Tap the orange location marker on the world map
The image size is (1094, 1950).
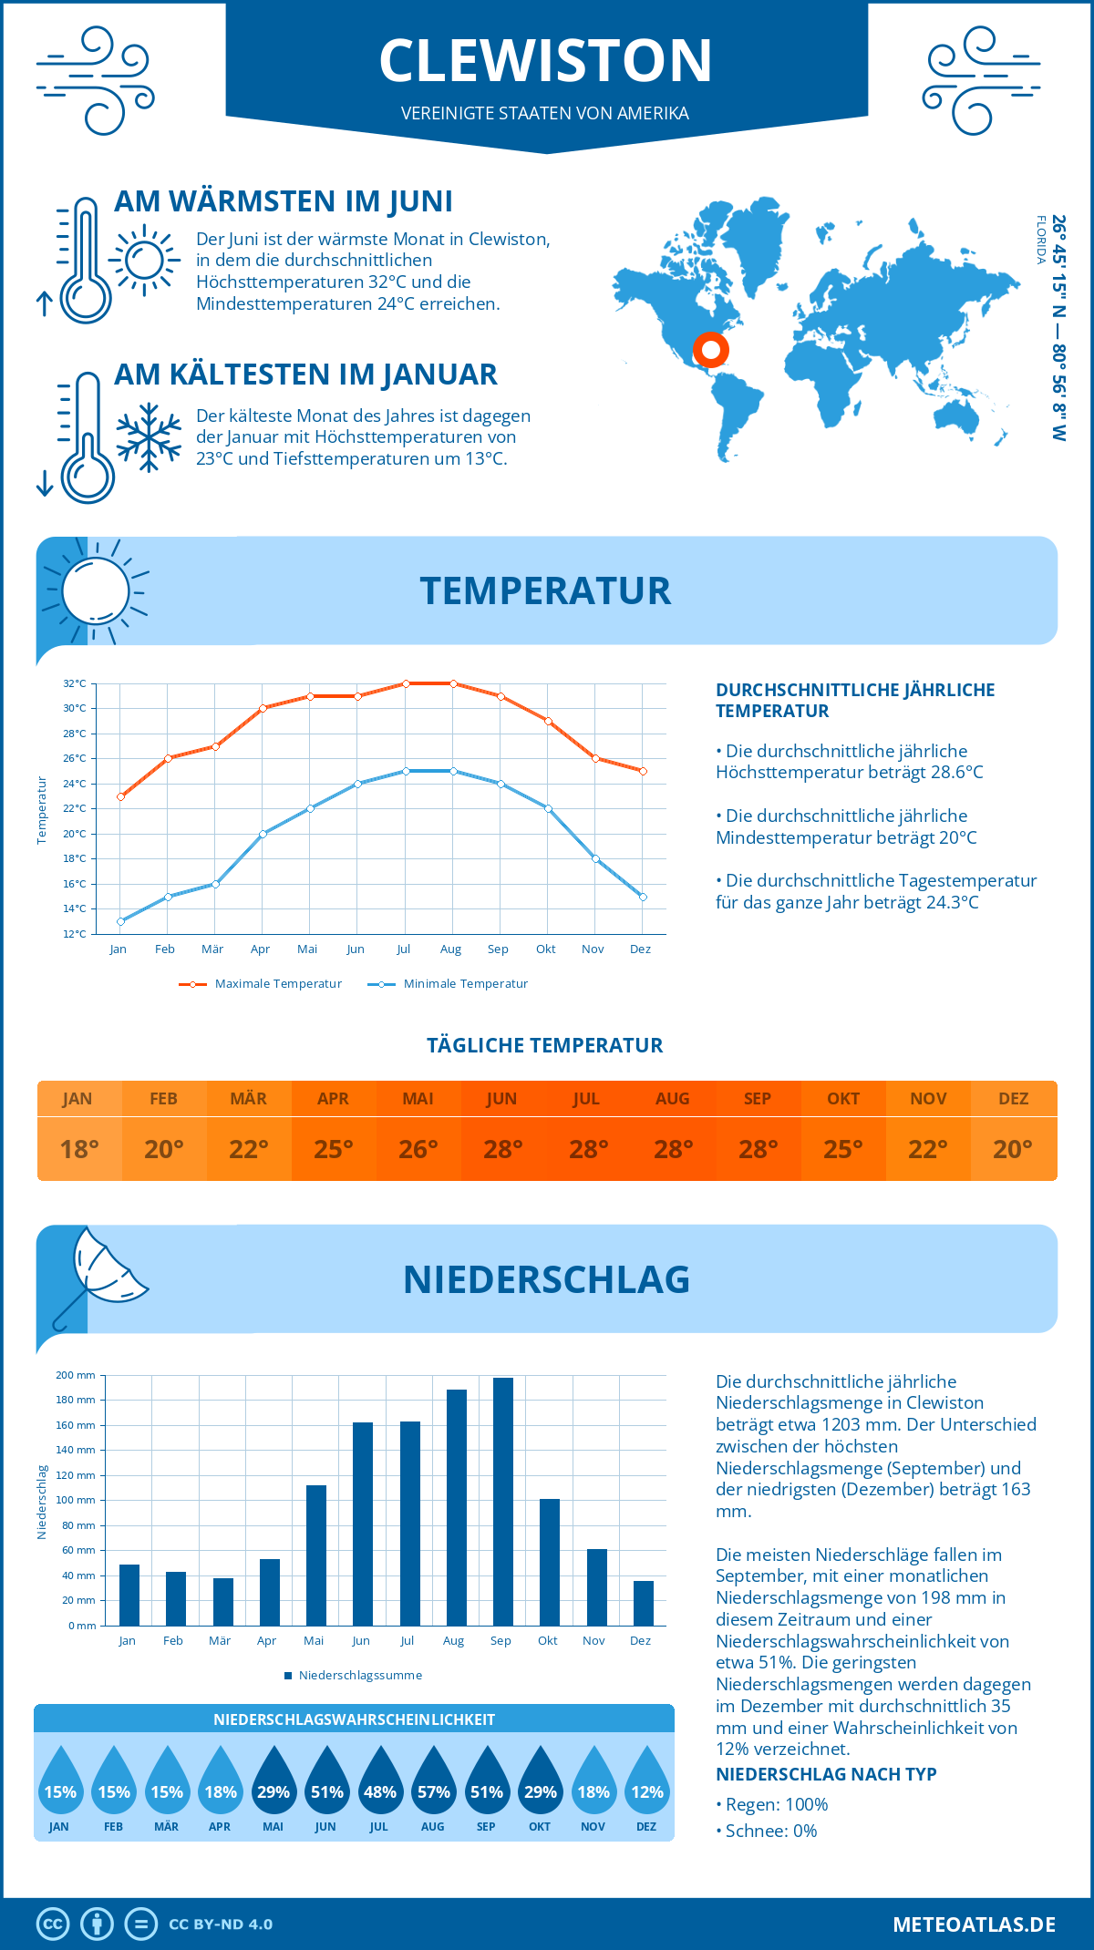click(x=710, y=350)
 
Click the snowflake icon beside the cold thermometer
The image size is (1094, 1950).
click(x=149, y=437)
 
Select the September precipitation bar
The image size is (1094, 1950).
click(x=502, y=1501)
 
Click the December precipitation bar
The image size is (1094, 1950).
click(x=643, y=1603)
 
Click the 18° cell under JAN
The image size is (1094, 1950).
click(x=79, y=1149)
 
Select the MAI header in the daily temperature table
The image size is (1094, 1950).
click(x=418, y=1099)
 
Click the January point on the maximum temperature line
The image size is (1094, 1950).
click(x=120, y=796)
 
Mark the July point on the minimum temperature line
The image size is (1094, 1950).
click(x=406, y=771)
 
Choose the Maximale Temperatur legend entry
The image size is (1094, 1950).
click(x=261, y=984)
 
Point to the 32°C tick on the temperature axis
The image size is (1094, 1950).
click(x=75, y=683)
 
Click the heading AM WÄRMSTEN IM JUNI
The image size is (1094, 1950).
click(x=283, y=201)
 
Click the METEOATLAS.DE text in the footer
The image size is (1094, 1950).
click(x=974, y=1924)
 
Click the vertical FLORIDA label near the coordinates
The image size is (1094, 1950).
click(x=1040, y=241)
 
